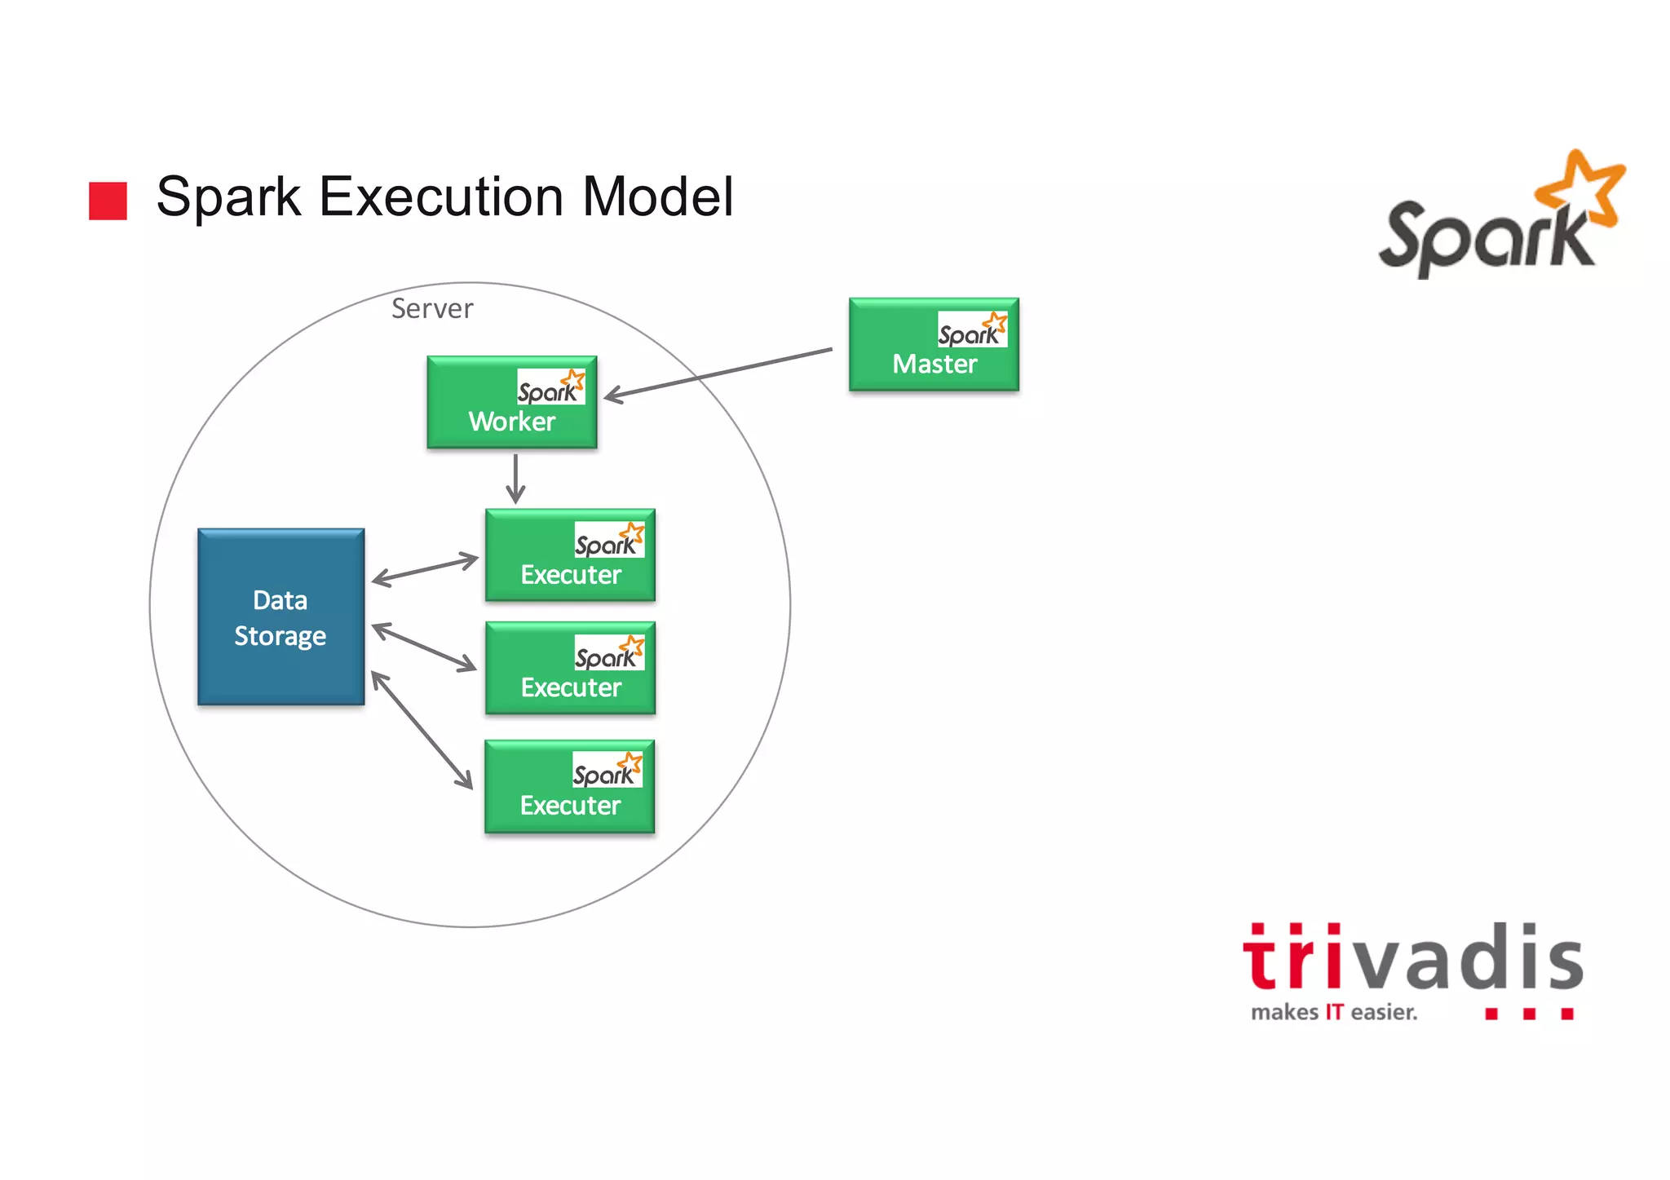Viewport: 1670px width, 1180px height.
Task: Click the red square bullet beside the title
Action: [108, 201]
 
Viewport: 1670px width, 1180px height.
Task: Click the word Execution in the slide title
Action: [441, 197]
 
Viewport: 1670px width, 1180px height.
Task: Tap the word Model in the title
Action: [657, 197]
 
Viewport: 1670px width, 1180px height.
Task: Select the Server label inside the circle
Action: [431, 309]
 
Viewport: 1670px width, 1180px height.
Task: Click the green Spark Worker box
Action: [511, 403]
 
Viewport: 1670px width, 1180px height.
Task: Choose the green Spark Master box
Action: [934, 345]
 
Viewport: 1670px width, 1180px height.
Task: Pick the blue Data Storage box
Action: [281, 617]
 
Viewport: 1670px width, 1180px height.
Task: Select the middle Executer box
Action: [570, 669]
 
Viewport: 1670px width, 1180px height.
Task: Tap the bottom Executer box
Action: [569, 787]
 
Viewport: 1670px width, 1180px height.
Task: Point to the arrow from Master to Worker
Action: [718, 374]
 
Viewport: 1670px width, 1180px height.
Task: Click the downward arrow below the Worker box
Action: [515, 479]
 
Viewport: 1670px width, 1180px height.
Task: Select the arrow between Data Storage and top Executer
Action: [425, 569]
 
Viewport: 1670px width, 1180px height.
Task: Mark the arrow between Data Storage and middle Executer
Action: [424, 647]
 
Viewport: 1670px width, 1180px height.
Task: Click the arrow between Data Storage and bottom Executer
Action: [422, 730]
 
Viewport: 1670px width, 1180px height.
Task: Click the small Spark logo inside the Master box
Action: [972, 329]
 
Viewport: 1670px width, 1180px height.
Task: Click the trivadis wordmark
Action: [1412, 958]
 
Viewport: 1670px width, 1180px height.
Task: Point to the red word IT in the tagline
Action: [1333, 1013]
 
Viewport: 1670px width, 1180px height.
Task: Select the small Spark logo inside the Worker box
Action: [551, 387]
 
